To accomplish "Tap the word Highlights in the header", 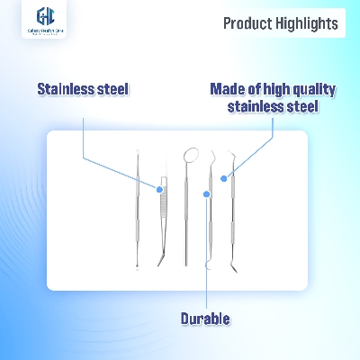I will [309, 23].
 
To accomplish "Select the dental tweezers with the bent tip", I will [162, 216].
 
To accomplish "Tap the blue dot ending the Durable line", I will [208, 193].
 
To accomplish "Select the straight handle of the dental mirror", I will [188, 216].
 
